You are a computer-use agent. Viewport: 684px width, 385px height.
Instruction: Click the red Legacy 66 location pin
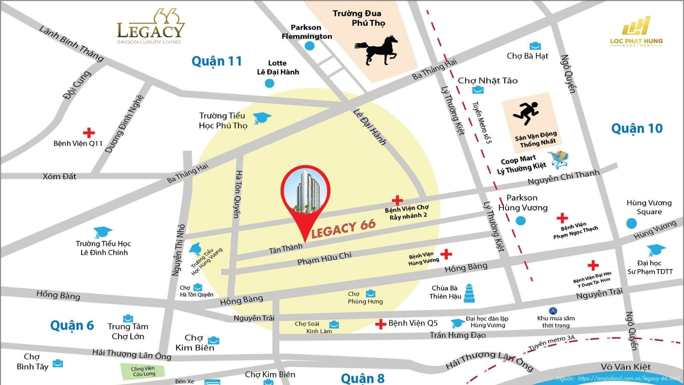[x=305, y=192]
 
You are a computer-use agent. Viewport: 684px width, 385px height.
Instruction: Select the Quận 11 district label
[x=217, y=62]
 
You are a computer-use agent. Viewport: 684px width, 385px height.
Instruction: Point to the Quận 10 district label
[x=637, y=128]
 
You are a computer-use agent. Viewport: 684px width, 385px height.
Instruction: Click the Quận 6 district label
[x=72, y=326]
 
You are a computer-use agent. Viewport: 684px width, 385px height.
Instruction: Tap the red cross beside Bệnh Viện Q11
[x=89, y=132]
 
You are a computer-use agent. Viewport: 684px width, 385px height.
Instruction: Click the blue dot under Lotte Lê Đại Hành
[x=269, y=83]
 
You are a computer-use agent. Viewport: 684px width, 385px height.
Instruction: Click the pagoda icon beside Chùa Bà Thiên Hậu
[x=469, y=293]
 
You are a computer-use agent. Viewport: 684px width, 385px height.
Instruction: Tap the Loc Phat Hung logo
[x=636, y=32]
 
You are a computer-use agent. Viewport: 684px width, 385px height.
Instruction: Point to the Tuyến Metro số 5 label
[x=482, y=122]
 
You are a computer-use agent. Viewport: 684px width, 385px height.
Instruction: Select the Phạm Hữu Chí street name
[x=324, y=258]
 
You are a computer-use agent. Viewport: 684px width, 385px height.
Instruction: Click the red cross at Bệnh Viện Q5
[x=380, y=324]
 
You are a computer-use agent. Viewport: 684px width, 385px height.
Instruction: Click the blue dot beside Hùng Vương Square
[x=631, y=223]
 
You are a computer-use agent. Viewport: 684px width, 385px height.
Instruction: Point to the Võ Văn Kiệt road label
[x=625, y=367]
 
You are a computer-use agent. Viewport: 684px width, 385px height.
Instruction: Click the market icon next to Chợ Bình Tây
[x=58, y=364]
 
